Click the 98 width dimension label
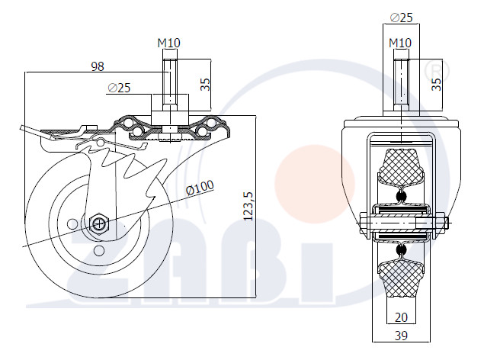(98, 66)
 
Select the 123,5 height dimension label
(248, 206)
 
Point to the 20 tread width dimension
(401, 317)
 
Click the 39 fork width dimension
(401, 336)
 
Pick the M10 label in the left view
(169, 43)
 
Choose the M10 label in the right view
(400, 43)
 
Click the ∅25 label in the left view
(119, 88)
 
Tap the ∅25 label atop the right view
(401, 18)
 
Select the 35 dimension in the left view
(205, 85)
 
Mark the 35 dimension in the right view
(436, 84)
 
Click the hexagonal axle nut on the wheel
(99, 223)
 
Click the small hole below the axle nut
(99, 251)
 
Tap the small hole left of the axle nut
(72, 223)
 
